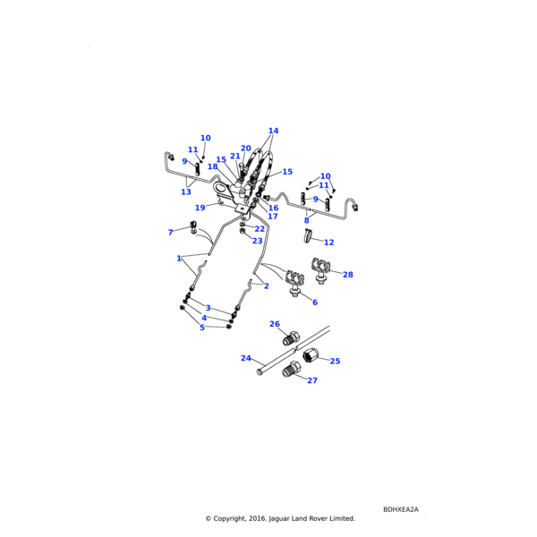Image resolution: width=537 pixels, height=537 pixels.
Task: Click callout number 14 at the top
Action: click(273, 131)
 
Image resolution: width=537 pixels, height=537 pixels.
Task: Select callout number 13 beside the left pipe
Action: click(186, 192)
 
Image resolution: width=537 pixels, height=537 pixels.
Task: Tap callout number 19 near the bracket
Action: click(200, 208)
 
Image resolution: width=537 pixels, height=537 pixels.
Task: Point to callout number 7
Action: click(170, 233)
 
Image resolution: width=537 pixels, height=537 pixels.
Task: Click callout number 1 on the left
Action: click(179, 259)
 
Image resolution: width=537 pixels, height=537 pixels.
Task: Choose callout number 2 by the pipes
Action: click(266, 286)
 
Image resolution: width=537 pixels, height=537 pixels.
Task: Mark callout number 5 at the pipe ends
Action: click(202, 328)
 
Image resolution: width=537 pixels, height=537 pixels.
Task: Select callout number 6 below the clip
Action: click(314, 303)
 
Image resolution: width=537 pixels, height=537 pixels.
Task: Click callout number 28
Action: click(347, 275)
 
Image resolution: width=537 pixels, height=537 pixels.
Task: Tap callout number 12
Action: click(328, 243)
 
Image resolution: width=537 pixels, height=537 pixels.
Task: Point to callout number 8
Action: click(306, 220)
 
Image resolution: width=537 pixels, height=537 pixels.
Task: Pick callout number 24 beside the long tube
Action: click(245, 358)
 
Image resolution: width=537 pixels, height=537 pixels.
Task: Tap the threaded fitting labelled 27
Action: click(291, 371)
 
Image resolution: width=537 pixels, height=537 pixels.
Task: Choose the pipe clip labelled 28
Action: click(319, 267)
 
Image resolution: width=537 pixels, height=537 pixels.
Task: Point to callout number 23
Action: click(257, 241)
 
